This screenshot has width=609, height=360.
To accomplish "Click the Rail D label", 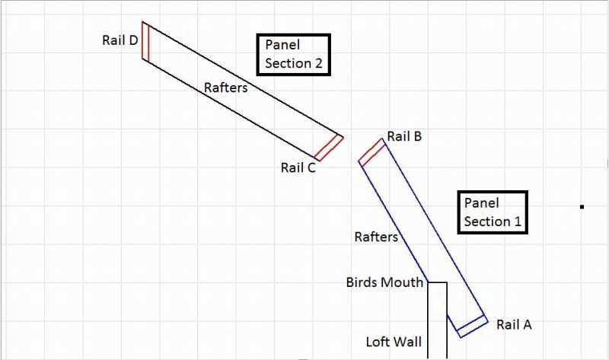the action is point(120,40).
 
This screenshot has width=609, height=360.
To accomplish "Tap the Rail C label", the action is point(298,167).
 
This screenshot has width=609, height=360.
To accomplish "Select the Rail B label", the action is point(404,136).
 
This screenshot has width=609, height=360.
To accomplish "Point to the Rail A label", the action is point(514,324).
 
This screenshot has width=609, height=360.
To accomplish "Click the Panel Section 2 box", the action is point(294,54).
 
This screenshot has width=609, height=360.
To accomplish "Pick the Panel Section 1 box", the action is point(493,212).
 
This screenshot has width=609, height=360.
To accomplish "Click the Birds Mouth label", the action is point(384,282).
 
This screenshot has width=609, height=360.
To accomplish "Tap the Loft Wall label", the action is point(394,342).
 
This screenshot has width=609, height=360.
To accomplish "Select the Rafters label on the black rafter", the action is point(225,88).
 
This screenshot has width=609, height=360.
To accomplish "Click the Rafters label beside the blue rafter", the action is point(376,237).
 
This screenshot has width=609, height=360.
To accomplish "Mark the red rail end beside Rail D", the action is point(145,41).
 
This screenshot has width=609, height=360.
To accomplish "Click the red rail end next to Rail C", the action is point(329,148).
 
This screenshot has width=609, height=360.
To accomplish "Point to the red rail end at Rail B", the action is point(372,152).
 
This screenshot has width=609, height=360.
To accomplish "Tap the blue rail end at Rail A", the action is point(472,327).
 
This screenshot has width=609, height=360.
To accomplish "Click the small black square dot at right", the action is point(582,207).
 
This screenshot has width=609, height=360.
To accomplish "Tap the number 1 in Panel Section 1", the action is point(518,221).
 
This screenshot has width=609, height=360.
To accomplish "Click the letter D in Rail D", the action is point(133,40).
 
